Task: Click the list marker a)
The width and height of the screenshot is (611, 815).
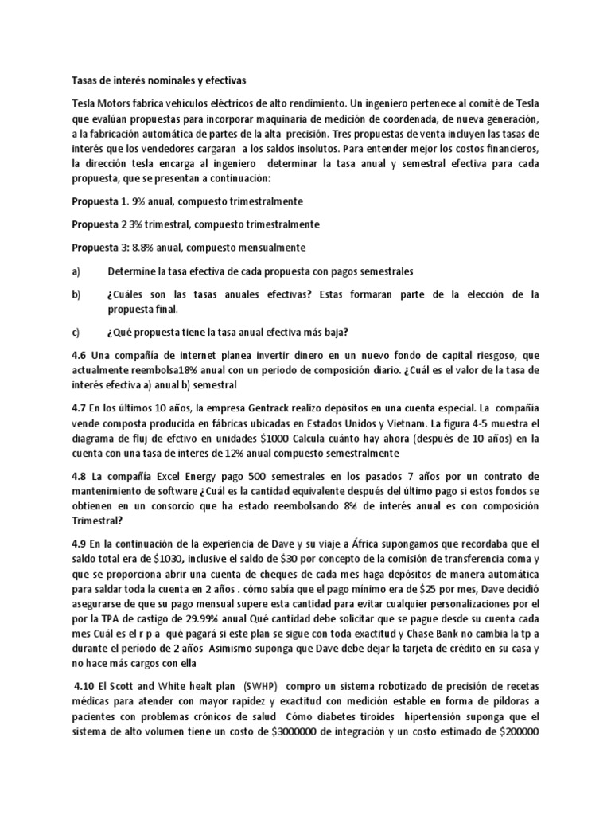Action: point(76,271)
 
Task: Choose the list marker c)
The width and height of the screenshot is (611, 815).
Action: point(76,332)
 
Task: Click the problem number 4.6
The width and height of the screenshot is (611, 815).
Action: point(80,355)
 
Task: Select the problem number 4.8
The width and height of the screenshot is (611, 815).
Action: point(80,476)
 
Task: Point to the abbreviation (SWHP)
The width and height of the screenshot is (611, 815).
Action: point(255,687)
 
